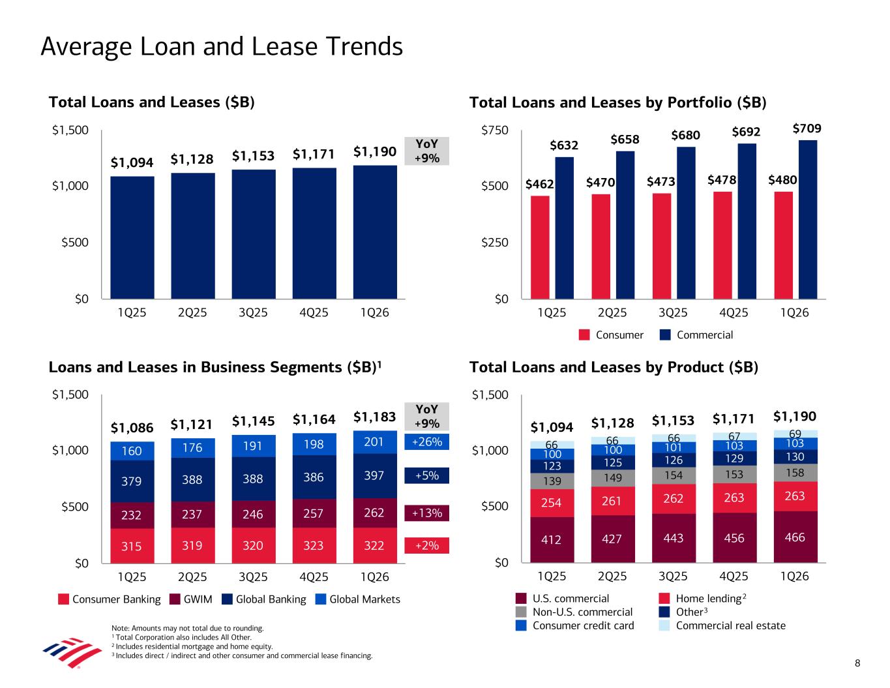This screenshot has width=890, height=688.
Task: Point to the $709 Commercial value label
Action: click(x=807, y=128)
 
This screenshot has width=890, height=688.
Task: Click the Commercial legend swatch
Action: click(x=666, y=335)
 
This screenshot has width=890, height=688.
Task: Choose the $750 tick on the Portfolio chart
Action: click(x=494, y=130)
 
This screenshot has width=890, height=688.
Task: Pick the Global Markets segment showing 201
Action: click(x=375, y=442)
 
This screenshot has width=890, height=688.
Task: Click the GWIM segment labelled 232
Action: click(x=132, y=515)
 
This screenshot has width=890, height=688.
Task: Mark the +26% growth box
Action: click(x=426, y=442)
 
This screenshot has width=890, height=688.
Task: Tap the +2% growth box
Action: click(x=426, y=545)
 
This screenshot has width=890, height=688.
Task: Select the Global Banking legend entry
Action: click(x=263, y=599)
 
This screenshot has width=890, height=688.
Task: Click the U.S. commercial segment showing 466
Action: click(x=795, y=537)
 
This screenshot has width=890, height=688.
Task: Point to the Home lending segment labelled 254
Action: click(x=552, y=503)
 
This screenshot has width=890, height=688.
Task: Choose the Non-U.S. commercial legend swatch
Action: click(x=521, y=612)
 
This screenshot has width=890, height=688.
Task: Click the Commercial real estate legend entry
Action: click(x=730, y=625)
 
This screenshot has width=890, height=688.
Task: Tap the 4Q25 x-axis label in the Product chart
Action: click(x=734, y=576)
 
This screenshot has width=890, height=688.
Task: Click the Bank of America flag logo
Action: click(x=63, y=650)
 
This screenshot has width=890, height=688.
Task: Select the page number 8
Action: click(x=857, y=664)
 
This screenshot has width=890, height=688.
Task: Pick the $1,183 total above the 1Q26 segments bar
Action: click(x=375, y=417)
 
